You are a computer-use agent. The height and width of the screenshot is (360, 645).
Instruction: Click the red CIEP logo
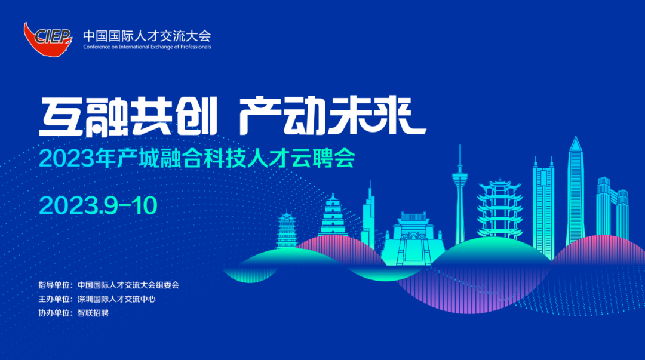48,39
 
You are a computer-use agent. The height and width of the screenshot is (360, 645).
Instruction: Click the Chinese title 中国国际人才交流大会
147,36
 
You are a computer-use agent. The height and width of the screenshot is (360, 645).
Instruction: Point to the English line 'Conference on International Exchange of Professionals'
147,47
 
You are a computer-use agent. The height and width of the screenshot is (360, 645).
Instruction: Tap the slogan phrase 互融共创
128,116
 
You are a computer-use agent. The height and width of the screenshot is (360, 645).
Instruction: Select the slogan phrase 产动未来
333,116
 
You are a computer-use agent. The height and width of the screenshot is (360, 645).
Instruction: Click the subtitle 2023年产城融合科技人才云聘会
197,158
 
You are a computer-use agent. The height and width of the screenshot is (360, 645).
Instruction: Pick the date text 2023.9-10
99,205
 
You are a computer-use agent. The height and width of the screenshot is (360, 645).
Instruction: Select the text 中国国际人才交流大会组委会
128,285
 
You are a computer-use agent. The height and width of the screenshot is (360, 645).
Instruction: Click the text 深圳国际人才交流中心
116,299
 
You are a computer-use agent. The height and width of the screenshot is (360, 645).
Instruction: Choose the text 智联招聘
93,313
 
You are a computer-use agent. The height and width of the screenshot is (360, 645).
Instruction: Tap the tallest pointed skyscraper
575,190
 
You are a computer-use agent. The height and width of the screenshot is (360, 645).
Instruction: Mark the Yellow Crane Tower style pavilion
500,208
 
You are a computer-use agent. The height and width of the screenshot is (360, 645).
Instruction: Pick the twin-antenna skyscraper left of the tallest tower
543,207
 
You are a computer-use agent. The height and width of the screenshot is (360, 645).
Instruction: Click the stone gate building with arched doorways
414,239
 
